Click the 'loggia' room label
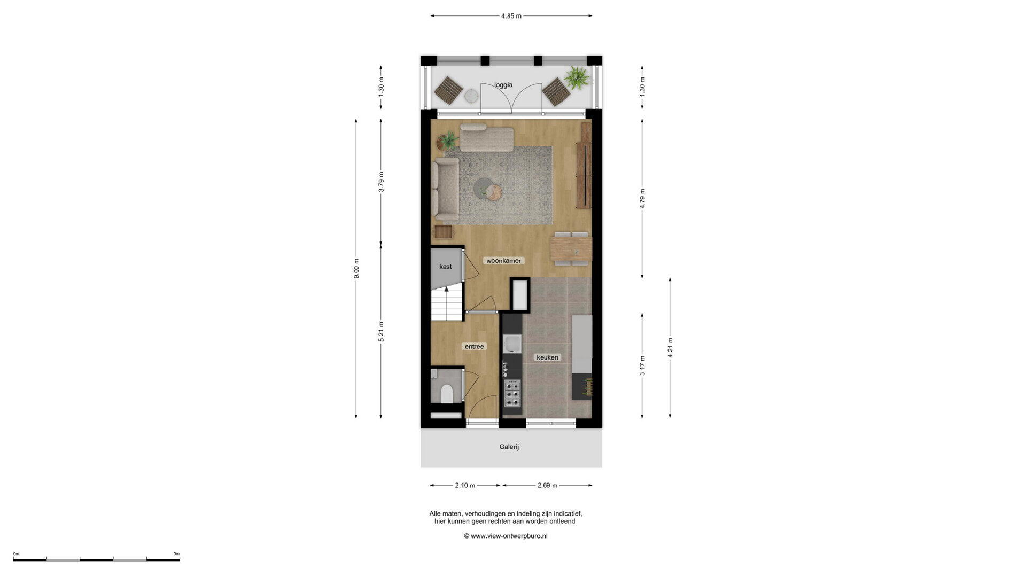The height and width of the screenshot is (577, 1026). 503,85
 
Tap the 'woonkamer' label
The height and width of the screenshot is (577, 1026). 503,261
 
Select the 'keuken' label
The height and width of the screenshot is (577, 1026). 547,357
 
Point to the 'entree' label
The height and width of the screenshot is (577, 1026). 474,347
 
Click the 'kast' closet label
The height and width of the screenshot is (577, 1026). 445,267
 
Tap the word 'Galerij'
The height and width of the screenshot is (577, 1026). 509,447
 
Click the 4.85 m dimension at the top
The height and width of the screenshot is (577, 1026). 511,16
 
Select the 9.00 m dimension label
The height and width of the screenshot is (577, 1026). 356,268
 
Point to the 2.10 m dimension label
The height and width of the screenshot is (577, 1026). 465,485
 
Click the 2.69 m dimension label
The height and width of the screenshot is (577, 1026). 547,485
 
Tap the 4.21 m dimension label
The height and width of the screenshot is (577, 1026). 670,347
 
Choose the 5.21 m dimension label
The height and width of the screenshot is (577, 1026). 381,331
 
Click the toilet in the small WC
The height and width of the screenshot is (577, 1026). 446,393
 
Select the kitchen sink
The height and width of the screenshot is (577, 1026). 512,344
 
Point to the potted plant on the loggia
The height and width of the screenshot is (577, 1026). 577,77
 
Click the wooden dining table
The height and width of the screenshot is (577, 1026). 571,248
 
